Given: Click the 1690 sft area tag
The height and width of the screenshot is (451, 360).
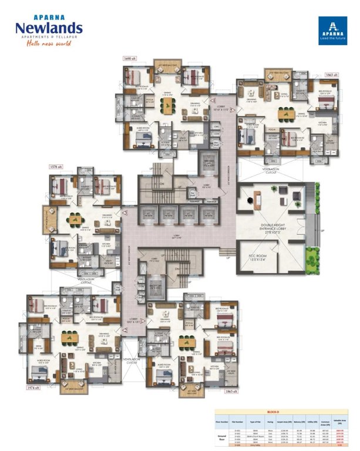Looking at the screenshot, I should click(130, 59).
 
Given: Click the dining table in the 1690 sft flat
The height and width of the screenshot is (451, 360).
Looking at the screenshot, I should click(169, 106).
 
